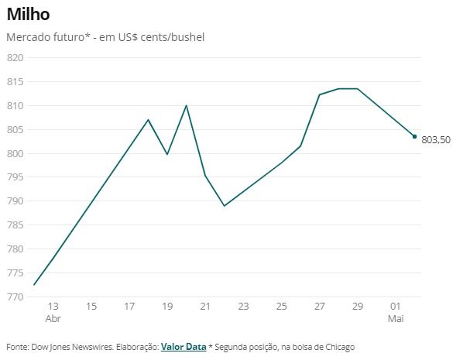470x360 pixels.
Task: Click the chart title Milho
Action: click(30, 15)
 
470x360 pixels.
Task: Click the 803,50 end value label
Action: click(436, 140)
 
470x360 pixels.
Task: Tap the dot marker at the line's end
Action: click(414, 136)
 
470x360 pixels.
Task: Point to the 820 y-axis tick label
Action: click(15, 58)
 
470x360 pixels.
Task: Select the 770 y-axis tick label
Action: click(15, 297)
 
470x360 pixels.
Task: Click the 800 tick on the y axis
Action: click(15, 153)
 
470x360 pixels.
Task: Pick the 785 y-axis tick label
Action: click(15, 225)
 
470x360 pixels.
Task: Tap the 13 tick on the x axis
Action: click(53, 307)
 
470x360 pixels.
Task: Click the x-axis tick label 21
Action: click(205, 307)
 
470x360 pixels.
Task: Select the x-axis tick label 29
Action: click(357, 307)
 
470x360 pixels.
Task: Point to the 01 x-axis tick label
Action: click(395, 307)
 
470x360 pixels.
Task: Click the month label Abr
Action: click(53, 318)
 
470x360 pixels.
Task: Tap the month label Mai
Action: click(395, 318)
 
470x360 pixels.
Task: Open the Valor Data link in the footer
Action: click(184, 347)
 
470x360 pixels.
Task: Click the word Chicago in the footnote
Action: click(338, 347)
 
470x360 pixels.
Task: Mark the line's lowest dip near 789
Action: click(225, 206)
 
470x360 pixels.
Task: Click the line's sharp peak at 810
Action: click(187, 105)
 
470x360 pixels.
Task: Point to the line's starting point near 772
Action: click(35, 285)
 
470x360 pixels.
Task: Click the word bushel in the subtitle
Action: click(187, 37)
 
